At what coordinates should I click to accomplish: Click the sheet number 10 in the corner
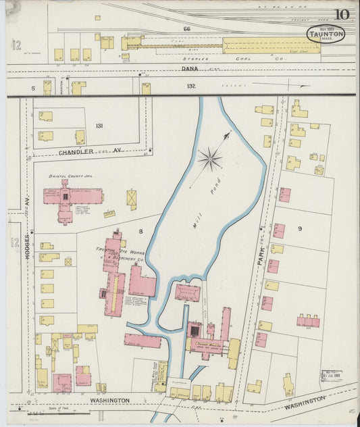click(340, 14)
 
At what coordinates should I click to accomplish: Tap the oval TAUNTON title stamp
click(325, 34)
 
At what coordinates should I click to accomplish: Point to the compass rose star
click(210, 159)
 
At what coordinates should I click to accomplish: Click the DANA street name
click(187, 69)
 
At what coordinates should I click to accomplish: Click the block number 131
click(99, 126)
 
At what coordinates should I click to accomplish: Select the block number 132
click(191, 86)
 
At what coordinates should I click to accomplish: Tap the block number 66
click(186, 29)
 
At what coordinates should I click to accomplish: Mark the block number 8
click(141, 231)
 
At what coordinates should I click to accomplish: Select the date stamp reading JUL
click(331, 376)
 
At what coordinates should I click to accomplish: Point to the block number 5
click(32, 88)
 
